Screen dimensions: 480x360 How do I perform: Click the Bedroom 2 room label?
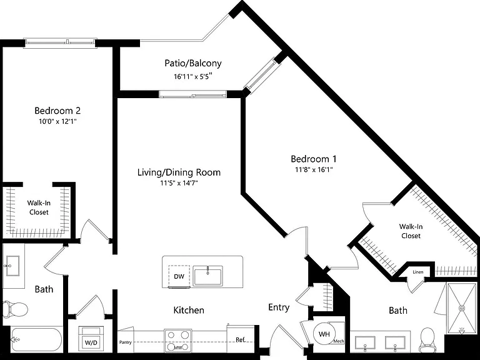pyautogui.click(x=57, y=111)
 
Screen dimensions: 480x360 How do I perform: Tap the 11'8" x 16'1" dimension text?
pyautogui.click(x=314, y=169)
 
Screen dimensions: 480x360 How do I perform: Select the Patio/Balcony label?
pyautogui.click(x=193, y=63)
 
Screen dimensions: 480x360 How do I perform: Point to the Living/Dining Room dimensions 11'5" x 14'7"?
pyautogui.click(x=179, y=183)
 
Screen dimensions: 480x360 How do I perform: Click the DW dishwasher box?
pyautogui.click(x=179, y=276)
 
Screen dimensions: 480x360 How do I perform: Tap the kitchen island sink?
pyautogui.click(x=208, y=276)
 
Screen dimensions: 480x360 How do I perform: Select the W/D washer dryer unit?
pyautogui.click(x=91, y=337)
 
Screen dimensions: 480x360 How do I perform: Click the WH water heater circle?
pyautogui.click(x=324, y=334)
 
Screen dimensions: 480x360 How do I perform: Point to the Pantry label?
pyautogui.click(x=125, y=342)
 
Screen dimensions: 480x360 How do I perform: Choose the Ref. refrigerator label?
pyautogui.click(x=241, y=340)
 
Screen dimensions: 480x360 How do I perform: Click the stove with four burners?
pyautogui.click(x=178, y=341)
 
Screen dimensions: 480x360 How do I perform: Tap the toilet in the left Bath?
pyautogui.click(x=15, y=309)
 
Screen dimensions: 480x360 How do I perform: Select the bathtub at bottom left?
pyautogui.click(x=36, y=339)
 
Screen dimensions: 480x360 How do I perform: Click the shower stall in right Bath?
pyautogui.click(x=461, y=308)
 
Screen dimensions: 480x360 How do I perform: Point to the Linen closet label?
pyautogui.click(x=418, y=272)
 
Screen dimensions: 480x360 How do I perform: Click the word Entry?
pyautogui.click(x=279, y=307)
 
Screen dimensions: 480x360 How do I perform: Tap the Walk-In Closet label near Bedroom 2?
pyautogui.click(x=39, y=207)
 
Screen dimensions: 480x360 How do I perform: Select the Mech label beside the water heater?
pyautogui.click(x=339, y=341)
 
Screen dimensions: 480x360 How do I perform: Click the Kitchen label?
pyautogui.click(x=189, y=310)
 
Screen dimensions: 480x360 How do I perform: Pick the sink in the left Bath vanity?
pyautogui.click(x=11, y=266)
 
